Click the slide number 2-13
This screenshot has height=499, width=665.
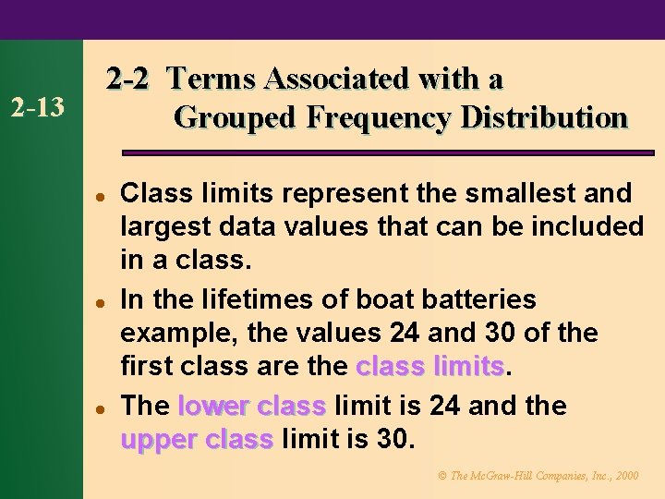pyautogui.click(x=37, y=108)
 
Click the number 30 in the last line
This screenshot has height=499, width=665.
pyautogui.click(x=393, y=439)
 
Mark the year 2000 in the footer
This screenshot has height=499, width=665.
pyautogui.click(x=625, y=476)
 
